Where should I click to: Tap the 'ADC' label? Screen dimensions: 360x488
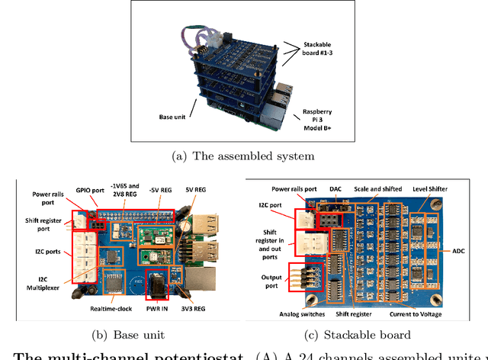coord(468,250)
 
